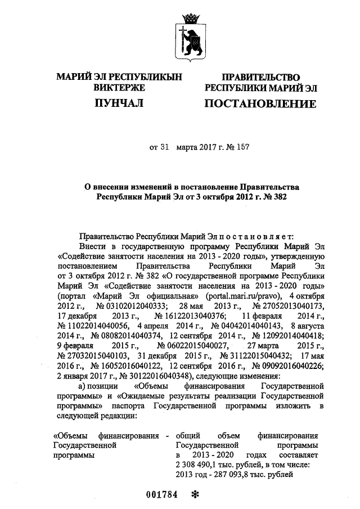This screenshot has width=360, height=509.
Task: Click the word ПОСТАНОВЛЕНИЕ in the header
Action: [259, 103]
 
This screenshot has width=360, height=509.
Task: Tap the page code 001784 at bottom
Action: [161, 495]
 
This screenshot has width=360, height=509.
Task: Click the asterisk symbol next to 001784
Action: [196, 495]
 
